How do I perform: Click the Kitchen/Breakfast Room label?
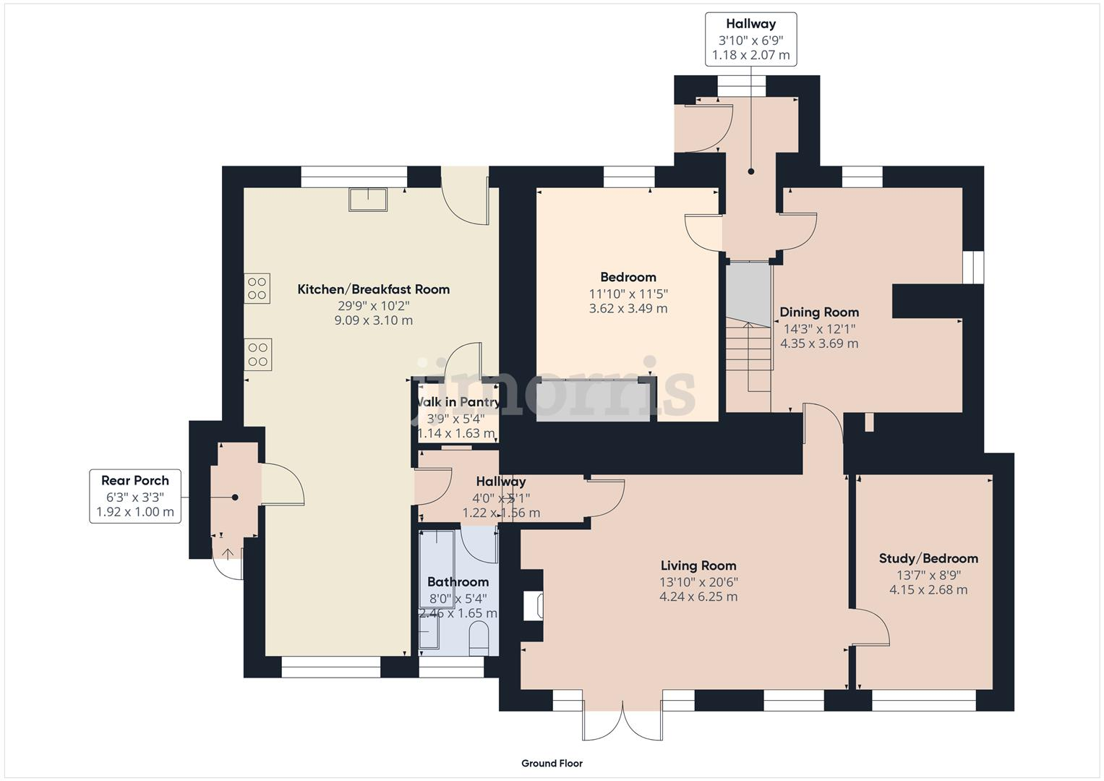[373, 289]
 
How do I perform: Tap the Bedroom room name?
[628, 277]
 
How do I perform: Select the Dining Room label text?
[819, 312]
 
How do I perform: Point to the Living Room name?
[698, 566]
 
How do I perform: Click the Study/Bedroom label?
[928, 558]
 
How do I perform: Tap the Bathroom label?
[458, 581]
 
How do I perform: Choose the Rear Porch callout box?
[135, 496]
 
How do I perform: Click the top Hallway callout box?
[750, 39]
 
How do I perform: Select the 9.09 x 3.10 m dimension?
[373, 320]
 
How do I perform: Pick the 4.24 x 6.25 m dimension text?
[698, 597]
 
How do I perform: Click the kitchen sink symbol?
[368, 199]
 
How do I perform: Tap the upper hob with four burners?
[257, 288]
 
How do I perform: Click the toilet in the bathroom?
[479, 640]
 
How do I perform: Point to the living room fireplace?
[534, 605]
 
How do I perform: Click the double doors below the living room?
[622, 721]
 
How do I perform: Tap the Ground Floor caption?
[552, 763]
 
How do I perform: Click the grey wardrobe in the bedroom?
[594, 401]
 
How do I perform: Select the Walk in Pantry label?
[457, 402]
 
